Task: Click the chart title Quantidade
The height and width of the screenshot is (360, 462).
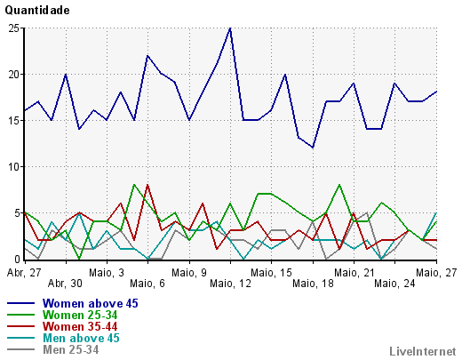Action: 37,11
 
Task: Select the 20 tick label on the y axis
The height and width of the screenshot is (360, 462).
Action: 14,75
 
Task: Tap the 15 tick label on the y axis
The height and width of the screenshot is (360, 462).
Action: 14,121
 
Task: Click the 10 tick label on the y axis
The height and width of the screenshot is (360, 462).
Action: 14,167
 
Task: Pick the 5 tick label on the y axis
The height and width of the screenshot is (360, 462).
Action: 17,213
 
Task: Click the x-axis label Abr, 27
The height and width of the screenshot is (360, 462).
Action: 24,273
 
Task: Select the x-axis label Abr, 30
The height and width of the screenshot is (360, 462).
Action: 65,284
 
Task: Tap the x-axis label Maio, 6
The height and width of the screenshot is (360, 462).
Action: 147,284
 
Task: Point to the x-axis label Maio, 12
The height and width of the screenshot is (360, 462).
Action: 230,284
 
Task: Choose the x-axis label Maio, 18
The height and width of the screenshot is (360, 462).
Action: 313,284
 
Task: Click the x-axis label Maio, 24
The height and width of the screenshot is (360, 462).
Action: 394,284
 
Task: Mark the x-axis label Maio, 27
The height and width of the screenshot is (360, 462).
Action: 436,273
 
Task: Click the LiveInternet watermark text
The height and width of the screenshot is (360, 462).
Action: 423,351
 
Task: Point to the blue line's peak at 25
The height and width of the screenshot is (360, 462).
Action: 230,28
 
